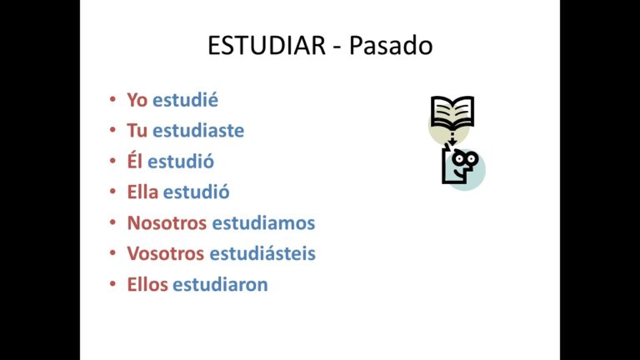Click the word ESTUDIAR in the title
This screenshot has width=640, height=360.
(265, 46)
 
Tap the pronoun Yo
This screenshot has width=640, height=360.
(137, 100)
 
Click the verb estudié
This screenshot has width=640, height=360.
(185, 100)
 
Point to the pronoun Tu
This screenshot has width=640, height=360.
(137, 131)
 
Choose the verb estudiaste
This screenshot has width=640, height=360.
(198, 131)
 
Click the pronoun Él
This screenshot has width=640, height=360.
(135, 162)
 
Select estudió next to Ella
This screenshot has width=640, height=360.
(197, 192)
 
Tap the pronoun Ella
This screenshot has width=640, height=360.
(142, 192)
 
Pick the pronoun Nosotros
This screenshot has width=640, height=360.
(167, 223)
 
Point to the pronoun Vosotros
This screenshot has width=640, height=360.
(166, 254)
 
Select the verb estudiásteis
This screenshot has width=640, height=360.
(262, 254)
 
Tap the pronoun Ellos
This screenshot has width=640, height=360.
(147, 285)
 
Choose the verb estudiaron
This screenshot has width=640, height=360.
(220, 285)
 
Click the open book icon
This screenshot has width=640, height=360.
(452, 112)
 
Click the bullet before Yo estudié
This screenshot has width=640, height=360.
(112, 101)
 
